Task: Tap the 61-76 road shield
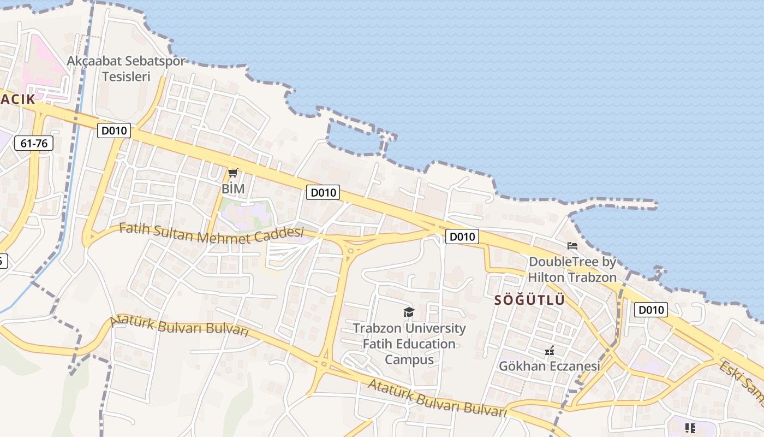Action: pyautogui.click(x=34, y=143)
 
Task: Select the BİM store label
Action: pyautogui.click(x=233, y=188)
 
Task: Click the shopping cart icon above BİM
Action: pyautogui.click(x=233, y=173)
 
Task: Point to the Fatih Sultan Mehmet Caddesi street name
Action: pyautogui.click(x=211, y=233)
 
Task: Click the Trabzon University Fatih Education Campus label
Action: pyautogui.click(x=409, y=344)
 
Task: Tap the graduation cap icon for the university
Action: pyautogui.click(x=409, y=312)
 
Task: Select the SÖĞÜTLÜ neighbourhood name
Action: pyautogui.click(x=529, y=300)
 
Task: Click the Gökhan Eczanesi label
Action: pyautogui.click(x=550, y=365)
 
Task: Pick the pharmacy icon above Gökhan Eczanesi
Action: pyautogui.click(x=550, y=350)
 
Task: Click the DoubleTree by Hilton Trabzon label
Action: pyautogui.click(x=572, y=269)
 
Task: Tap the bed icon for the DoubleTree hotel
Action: pyautogui.click(x=572, y=246)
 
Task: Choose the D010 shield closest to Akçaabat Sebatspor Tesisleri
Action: pyautogui.click(x=114, y=131)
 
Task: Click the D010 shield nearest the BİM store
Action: pyautogui.click(x=323, y=192)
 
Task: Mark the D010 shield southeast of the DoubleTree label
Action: pyautogui.click(x=651, y=310)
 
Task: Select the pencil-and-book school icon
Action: pyautogui.click(x=690, y=428)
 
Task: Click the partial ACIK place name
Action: pyautogui.click(x=17, y=99)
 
